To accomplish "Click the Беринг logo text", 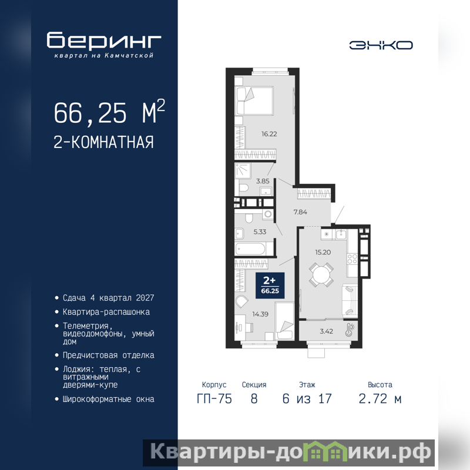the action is click(104, 40).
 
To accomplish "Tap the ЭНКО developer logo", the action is click(381, 45).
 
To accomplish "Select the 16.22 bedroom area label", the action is click(269, 134).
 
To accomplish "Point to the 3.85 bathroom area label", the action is click(263, 181).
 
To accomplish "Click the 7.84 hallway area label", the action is click(300, 212).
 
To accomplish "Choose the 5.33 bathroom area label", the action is click(260, 231).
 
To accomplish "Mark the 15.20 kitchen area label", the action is click(323, 253).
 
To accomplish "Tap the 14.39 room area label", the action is click(260, 314).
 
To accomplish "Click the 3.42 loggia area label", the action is click(327, 331).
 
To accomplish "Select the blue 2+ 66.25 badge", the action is click(270, 286).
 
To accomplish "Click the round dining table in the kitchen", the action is click(321, 274).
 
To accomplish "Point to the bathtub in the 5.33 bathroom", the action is click(250, 249).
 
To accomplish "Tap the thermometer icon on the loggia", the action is click(349, 330).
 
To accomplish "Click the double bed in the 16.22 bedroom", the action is click(254, 101).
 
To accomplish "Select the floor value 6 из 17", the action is click(307, 399).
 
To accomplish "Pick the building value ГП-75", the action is click(214, 399).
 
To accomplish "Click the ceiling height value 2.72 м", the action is click(380, 399).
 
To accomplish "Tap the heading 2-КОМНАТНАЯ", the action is click(104, 142).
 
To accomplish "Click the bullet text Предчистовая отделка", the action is click(109, 355).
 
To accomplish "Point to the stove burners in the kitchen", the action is click(352, 259).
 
